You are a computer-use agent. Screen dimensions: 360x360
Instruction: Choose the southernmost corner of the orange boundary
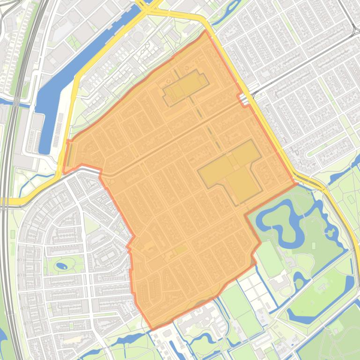150,328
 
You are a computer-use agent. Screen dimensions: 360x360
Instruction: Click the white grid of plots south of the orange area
253,290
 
